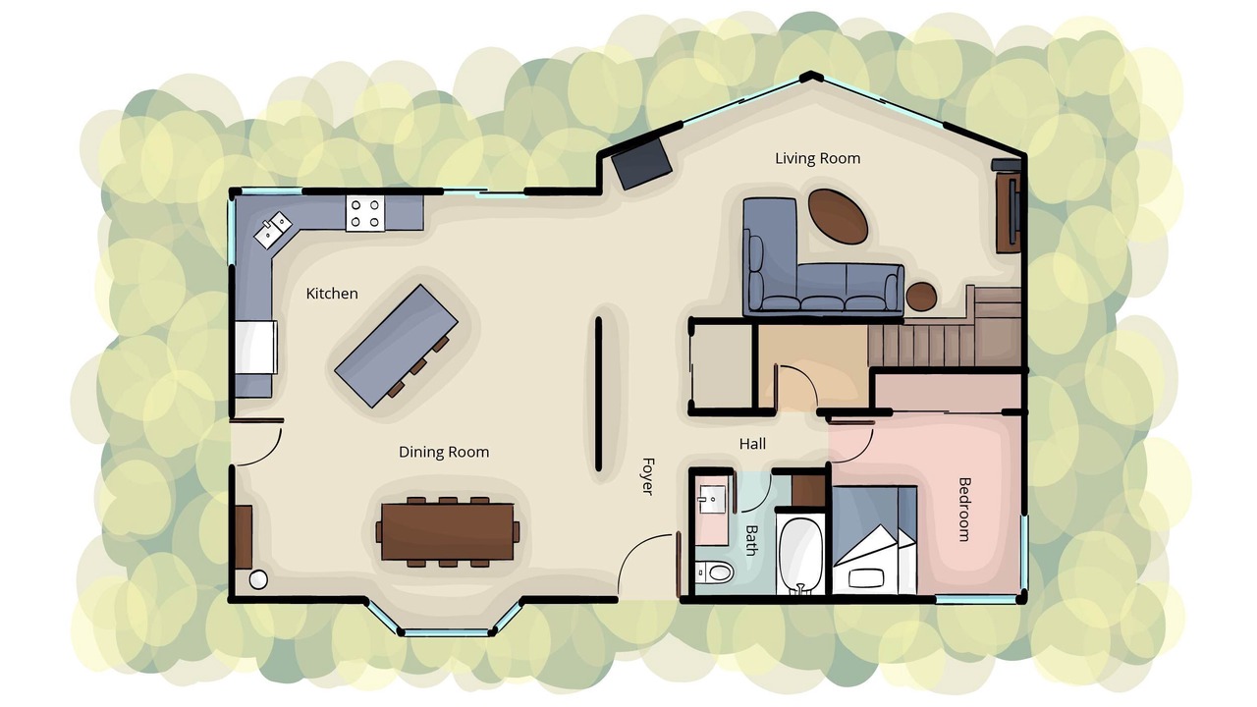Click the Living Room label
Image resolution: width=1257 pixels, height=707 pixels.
click(818, 158)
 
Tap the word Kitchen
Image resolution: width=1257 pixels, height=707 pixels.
click(332, 294)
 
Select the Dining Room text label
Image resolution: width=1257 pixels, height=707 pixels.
click(444, 453)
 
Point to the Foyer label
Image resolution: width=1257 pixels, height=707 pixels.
click(648, 476)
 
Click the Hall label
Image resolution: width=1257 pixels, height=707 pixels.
click(752, 445)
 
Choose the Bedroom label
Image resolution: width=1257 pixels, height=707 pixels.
click(964, 510)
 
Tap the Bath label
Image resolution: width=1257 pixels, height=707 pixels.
click(752, 540)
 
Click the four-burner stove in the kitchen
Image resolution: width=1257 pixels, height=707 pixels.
click(365, 213)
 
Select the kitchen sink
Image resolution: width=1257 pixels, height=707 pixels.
click(273, 230)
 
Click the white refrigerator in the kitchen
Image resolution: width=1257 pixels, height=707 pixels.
click(256, 348)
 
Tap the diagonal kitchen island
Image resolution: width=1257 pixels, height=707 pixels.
click(396, 346)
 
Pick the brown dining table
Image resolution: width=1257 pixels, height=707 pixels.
click(447, 532)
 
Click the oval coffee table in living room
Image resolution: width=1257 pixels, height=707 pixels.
click(838, 216)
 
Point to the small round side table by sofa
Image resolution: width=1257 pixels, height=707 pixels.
click(921, 297)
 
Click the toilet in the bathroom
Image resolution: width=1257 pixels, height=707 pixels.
click(715, 572)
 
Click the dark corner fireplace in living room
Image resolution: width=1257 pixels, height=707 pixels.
click(641, 163)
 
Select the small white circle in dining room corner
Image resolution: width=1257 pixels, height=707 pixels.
click(258, 580)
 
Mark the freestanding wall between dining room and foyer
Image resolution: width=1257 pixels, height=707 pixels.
click(598, 394)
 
